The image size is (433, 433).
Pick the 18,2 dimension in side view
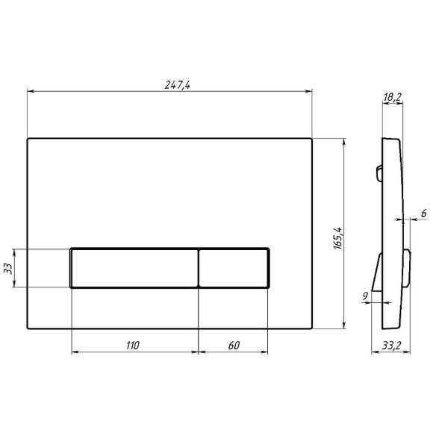(392, 97)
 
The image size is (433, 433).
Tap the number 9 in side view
(364, 297)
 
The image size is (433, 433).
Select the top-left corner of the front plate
(28, 139)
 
